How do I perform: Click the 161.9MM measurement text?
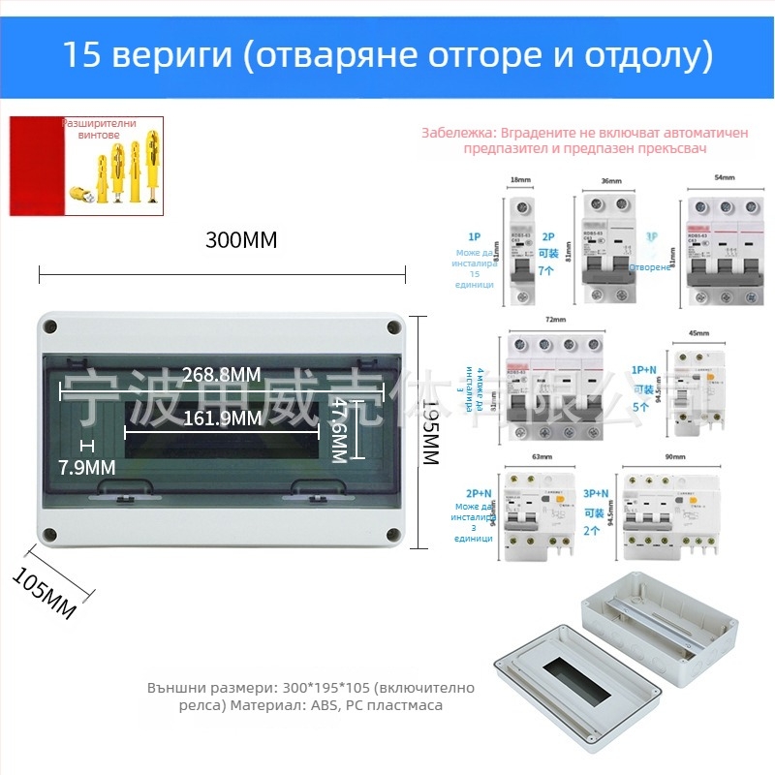coord(222,418)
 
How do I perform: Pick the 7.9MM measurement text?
coord(86,468)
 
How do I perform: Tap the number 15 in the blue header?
coord(81,55)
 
